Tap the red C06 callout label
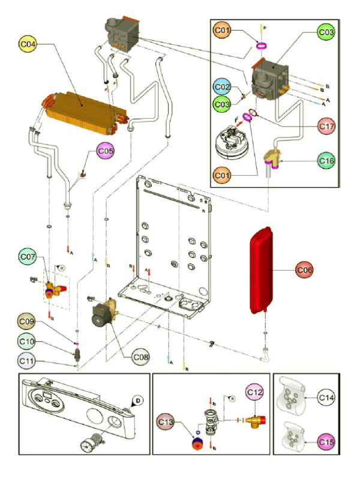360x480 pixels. point(305,270)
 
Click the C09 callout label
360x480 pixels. point(26,322)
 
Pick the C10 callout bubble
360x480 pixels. point(26,341)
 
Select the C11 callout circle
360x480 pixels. point(26,361)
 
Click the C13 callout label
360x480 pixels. point(167,423)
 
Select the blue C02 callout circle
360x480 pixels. point(223,88)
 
